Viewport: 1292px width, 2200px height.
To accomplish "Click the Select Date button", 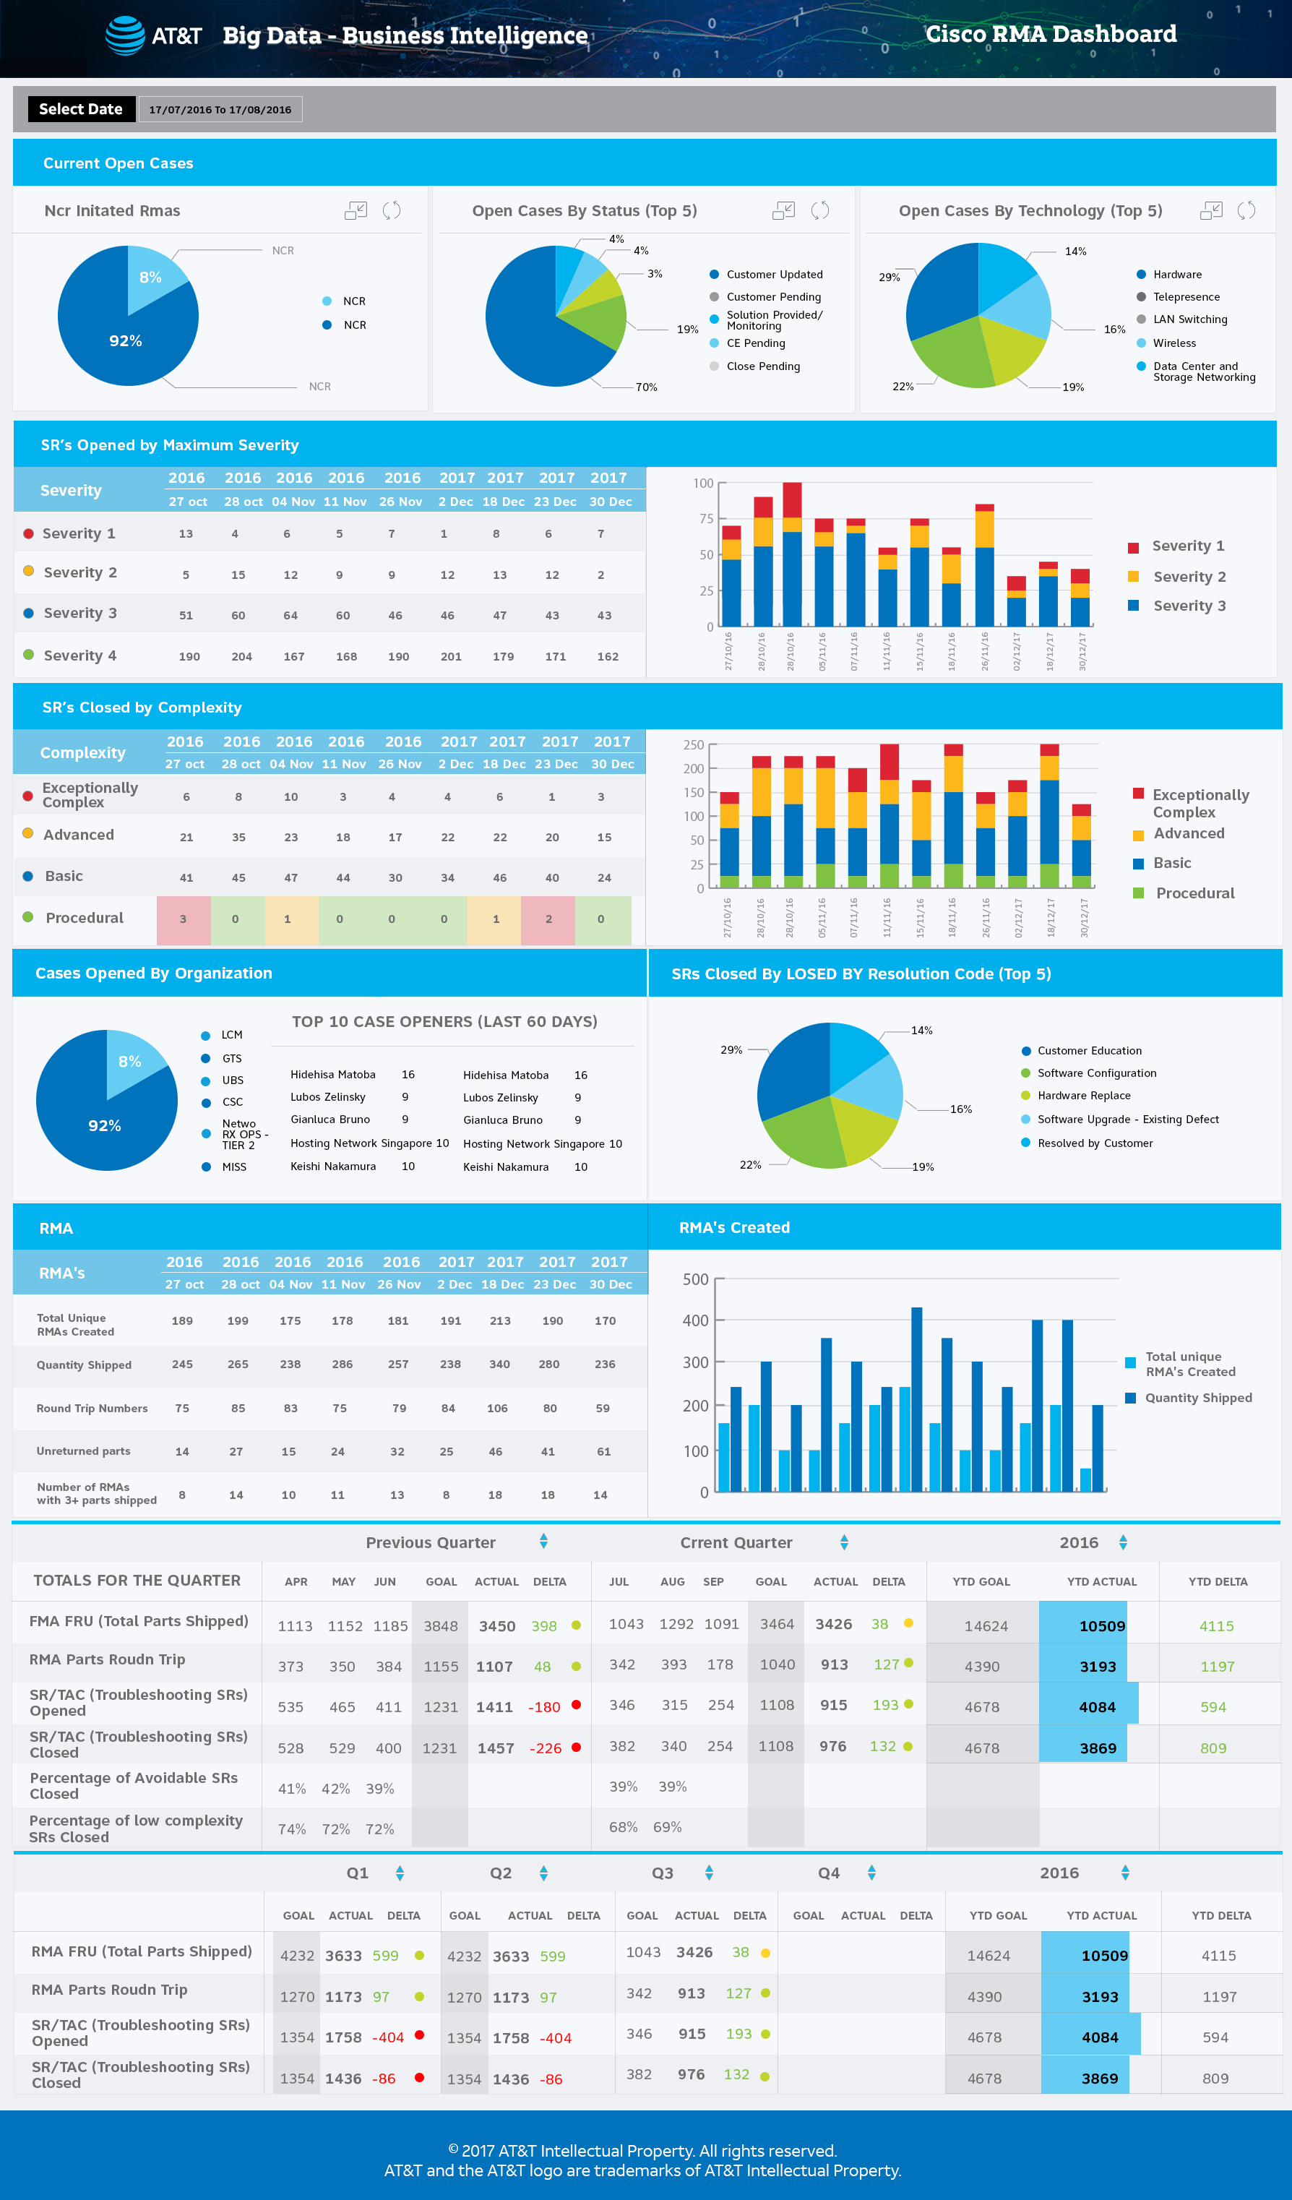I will pyautogui.click(x=81, y=109).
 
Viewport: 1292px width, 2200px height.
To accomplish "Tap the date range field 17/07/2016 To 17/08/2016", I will pyautogui.click(x=220, y=110).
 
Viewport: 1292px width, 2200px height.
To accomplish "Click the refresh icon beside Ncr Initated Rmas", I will pyautogui.click(x=391, y=210).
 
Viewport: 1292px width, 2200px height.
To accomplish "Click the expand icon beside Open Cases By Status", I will pyautogui.click(x=783, y=210).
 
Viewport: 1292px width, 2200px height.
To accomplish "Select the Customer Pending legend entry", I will pyautogui.click(x=772, y=297).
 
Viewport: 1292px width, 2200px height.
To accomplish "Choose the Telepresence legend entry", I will pyautogui.click(x=1186, y=297).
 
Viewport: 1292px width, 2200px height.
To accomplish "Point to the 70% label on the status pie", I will pyautogui.click(x=646, y=387).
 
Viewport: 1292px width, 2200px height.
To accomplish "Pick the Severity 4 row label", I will pyautogui.click(x=79, y=656).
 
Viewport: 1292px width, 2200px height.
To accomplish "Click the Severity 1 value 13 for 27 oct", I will pyautogui.click(x=186, y=533).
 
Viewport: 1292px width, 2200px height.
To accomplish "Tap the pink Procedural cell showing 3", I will pyautogui.click(x=184, y=919).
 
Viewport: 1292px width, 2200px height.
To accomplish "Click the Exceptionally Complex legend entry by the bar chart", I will pyautogui.click(x=1200, y=802).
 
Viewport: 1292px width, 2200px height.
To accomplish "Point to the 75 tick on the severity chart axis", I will pyautogui.click(x=705, y=519).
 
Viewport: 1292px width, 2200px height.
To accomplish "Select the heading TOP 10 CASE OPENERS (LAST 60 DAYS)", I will pyautogui.click(x=444, y=1021).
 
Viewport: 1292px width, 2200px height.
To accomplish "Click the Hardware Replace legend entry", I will pyautogui.click(x=1083, y=1096).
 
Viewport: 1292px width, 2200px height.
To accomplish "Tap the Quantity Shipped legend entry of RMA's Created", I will pyautogui.click(x=1198, y=1398).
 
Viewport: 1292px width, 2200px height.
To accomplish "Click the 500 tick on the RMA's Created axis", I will pyautogui.click(x=695, y=1279).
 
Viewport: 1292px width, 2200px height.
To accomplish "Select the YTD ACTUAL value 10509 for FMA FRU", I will pyautogui.click(x=1102, y=1625).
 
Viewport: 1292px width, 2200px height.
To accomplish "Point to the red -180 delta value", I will pyautogui.click(x=544, y=1707).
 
